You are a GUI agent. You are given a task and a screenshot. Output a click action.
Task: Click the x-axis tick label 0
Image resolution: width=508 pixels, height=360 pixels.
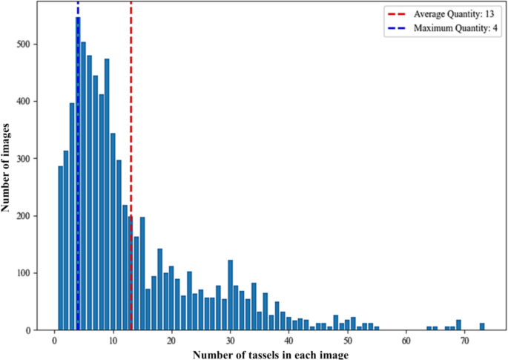coord(54,341)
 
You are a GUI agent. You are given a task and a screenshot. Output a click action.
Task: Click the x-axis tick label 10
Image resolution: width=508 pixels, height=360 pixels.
coord(113,341)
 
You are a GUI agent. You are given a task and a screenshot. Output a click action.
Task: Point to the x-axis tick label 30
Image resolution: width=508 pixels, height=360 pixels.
coord(230,341)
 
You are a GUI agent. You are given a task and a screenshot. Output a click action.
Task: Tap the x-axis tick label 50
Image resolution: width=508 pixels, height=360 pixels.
coord(347,341)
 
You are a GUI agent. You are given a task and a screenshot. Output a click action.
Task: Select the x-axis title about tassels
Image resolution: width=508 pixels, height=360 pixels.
coord(270,354)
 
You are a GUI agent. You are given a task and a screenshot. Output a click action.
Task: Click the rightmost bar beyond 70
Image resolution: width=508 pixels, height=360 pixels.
coord(482,327)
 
